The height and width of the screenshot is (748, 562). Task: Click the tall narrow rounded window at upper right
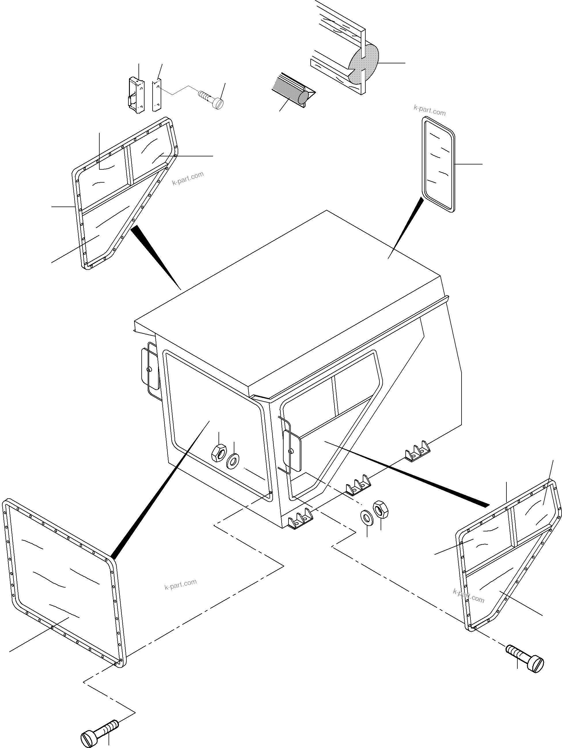coord(438,165)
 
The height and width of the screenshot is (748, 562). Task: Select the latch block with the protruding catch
coord(136,95)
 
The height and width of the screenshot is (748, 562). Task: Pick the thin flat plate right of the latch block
coord(157,95)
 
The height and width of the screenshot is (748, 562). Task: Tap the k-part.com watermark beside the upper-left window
coord(188,178)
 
